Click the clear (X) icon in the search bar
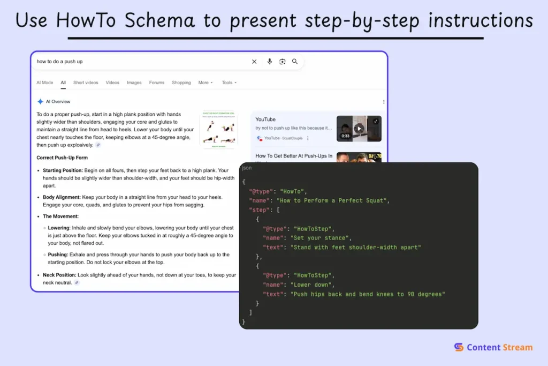point(254,62)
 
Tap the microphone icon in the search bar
point(270,62)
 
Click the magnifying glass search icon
point(295,62)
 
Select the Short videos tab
point(86,83)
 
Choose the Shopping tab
point(181,83)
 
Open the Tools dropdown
point(229,83)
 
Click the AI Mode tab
point(45,83)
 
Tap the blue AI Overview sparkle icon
point(40,101)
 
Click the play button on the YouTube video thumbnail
point(359,128)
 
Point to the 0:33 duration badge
point(346,136)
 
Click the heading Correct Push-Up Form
point(62,158)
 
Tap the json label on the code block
point(247,168)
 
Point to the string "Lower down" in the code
point(312,285)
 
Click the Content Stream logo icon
point(459,347)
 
